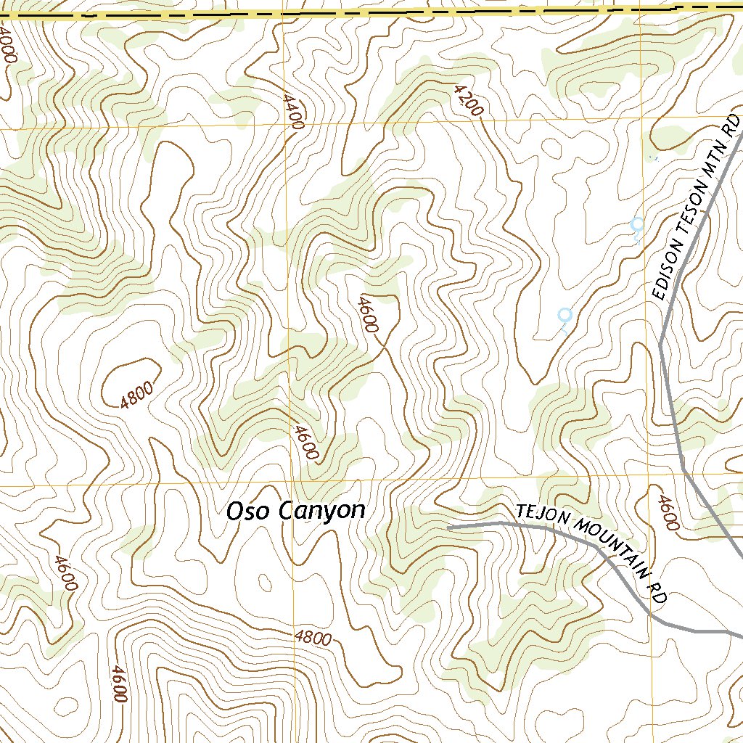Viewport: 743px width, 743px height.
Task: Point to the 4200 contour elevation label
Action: [467, 100]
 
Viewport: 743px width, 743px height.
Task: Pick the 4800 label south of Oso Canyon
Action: [313, 639]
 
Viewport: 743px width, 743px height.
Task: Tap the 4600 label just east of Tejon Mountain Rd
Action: [668, 513]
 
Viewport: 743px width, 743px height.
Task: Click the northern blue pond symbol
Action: [637, 224]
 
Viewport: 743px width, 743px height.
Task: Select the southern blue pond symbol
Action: [565, 315]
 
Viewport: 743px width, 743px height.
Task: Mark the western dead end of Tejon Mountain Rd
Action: [448, 528]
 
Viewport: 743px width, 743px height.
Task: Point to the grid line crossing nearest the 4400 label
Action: [284, 123]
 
